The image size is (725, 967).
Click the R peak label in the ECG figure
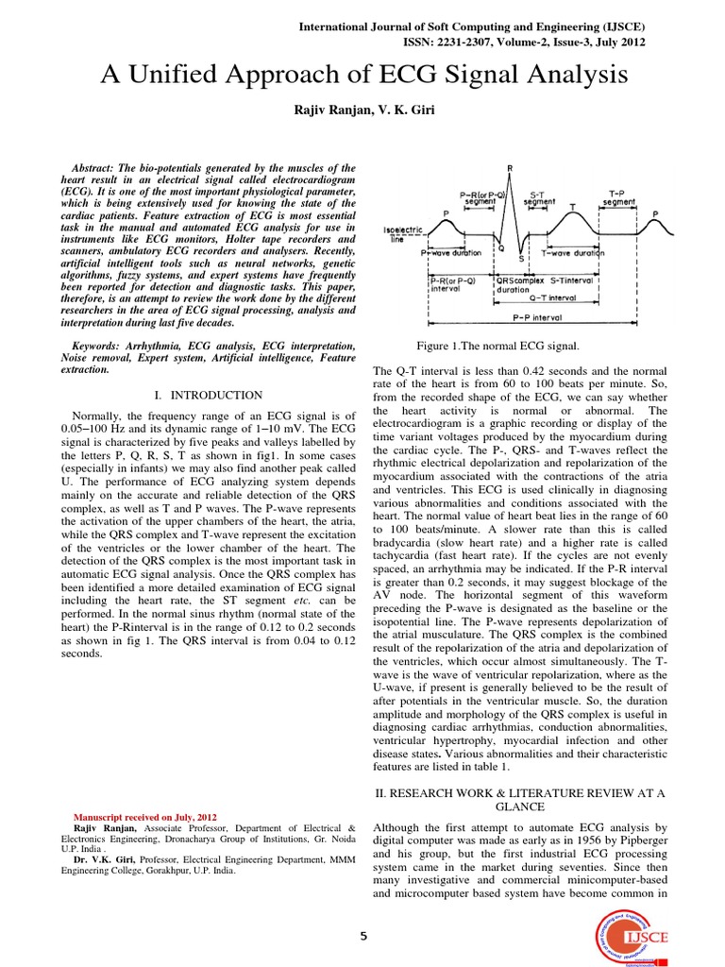coord(510,169)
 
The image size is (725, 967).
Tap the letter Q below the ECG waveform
coord(501,249)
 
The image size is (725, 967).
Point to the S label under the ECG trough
coord(520,259)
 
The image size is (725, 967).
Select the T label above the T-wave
coord(572,206)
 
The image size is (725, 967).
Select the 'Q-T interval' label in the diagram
coord(558,297)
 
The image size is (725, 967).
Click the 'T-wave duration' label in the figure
coord(573,253)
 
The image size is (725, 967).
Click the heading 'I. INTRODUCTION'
coord(208,394)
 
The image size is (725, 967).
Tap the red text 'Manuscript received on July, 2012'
coord(145,817)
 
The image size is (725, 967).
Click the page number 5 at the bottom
coord(362,935)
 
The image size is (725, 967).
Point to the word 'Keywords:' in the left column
coord(103,347)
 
